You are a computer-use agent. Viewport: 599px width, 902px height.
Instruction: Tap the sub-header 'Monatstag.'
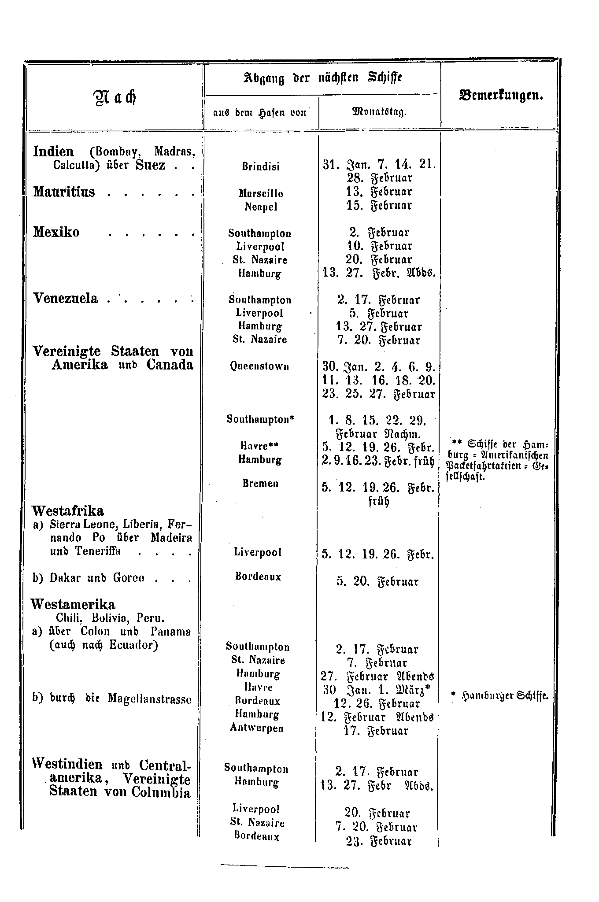pyautogui.click(x=379, y=112)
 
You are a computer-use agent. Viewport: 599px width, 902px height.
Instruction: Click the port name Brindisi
pyautogui.click(x=261, y=167)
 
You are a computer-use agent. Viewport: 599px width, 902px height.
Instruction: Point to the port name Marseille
pyautogui.click(x=261, y=193)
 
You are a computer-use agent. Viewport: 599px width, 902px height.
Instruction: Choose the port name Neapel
pyautogui.click(x=261, y=206)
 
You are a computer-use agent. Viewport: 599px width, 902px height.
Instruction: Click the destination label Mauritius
pyautogui.click(x=64, y=192)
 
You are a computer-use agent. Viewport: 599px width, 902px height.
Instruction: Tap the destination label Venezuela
pyautogui.click(x=66, y=299)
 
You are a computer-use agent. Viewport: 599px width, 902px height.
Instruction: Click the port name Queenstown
pyautogui.click(x=260, y=366)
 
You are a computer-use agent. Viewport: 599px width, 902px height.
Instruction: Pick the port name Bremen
pyautogui.click(x=260, y=483)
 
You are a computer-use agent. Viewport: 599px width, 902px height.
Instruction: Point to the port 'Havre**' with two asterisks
pyautogui.click(x=260, y=447)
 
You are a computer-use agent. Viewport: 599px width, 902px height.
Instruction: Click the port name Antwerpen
pyautogui.click(x=257, y=728)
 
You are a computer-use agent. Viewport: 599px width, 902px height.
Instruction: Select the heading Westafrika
pyautogui.click(x=68, y=511)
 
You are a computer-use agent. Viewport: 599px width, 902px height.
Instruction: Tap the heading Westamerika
pyautogui.click(x=73, y=604)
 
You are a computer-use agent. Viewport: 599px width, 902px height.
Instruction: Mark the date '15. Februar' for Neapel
pyautogui.click(x=379, y=206)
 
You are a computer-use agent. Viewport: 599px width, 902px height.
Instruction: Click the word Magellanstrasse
pyautogui.click(x=150, y=699)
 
